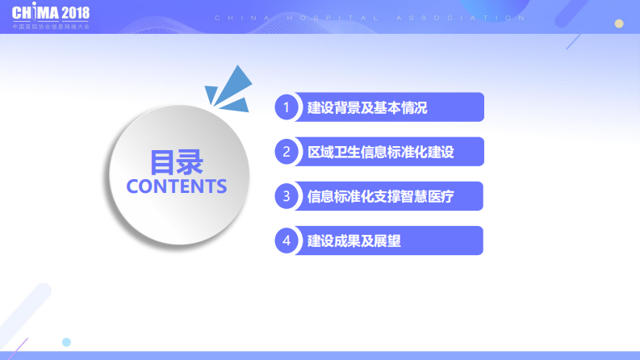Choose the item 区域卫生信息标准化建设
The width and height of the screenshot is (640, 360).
tap(381, 152)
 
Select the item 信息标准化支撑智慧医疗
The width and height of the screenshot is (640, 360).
tap(381, 196)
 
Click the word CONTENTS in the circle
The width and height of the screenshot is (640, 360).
tap(177, 186)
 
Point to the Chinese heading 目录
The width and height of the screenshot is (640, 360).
tap(177, 161)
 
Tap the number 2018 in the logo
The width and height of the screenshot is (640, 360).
tap(75, 13)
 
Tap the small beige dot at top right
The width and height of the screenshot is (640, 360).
tap(619, 23)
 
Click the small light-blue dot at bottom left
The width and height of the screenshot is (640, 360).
tap(67, 342)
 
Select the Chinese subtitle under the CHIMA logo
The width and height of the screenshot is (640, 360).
tap(51, 27)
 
